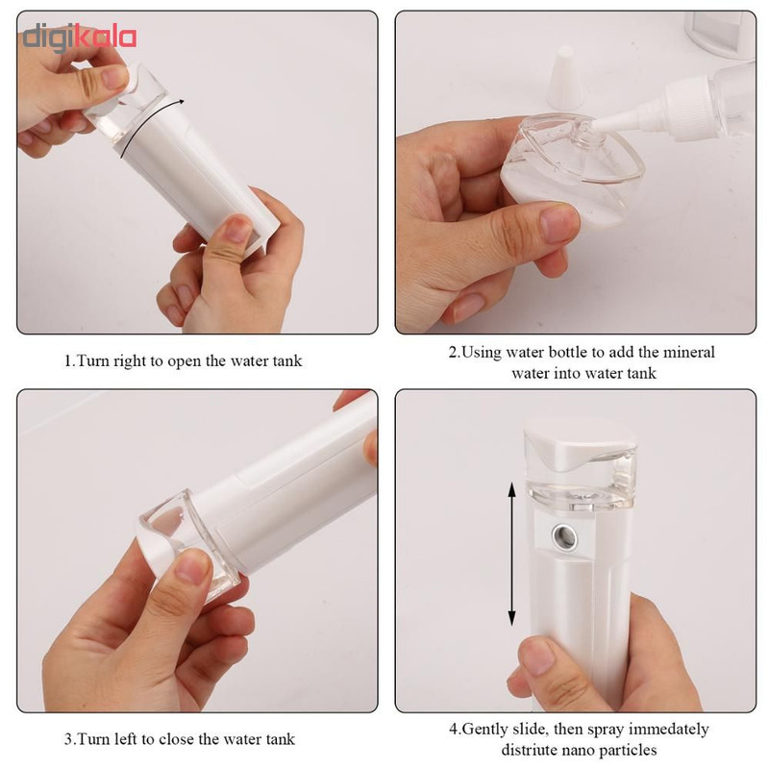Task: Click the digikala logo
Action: (x=80, y=38)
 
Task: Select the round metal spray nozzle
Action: (x=564, y=536)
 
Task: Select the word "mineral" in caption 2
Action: (x=688, y=352)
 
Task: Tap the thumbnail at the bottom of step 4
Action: (x=538, y=657)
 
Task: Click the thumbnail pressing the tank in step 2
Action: (x=559, y=223)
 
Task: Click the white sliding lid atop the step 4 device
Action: (x=582, y=444)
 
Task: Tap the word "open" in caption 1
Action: (x=184, y=362)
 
